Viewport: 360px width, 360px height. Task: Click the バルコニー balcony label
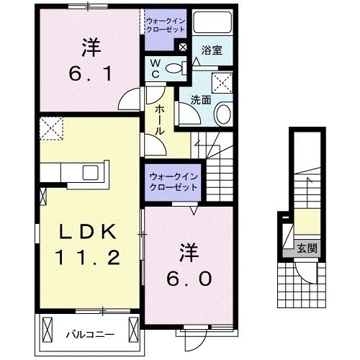[87, 334]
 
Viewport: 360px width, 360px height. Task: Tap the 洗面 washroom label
[201, 100]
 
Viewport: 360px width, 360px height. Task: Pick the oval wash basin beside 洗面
[224, 113]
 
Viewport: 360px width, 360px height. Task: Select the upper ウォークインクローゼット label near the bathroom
[166, 25]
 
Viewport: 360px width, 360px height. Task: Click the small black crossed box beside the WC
[183, 48]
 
